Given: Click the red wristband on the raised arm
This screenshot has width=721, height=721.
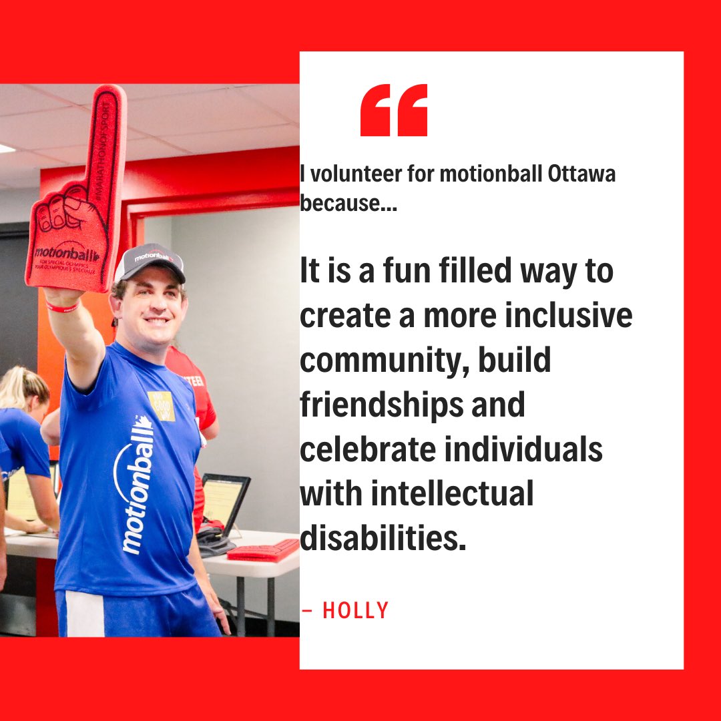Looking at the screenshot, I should click(x=61, y=307).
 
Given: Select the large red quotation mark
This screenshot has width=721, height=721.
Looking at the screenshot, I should click(x=393, y=110).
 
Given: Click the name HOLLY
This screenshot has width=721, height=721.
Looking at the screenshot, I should click(x=355, y=610).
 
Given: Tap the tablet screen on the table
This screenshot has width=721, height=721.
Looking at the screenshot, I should click(x=224, y=497).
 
